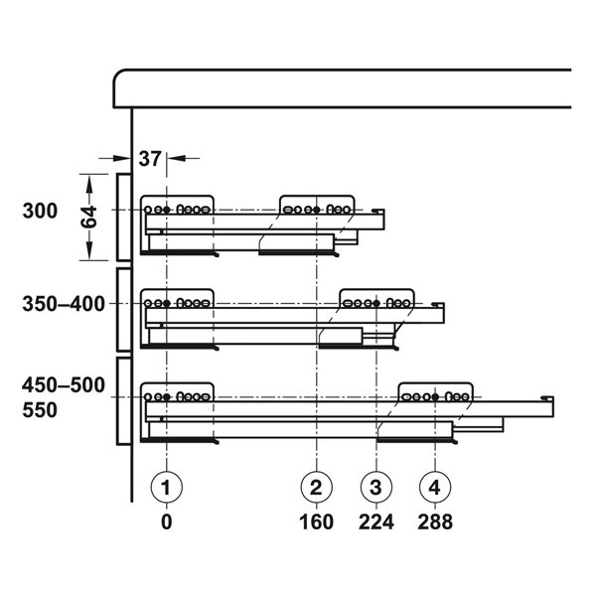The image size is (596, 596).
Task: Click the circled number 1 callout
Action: [x=167, y=487]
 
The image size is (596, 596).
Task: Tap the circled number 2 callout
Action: [x=316, y=487]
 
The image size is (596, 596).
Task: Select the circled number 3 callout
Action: [x=376, y=487]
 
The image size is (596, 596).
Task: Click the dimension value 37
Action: [x=150, y=157]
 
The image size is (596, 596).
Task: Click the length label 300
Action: [x=44, y=211]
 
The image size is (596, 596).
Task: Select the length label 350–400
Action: [x=64, y=304]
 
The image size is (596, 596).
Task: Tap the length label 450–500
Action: [x=64, y=385]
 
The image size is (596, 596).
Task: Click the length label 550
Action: [x=44, y=408]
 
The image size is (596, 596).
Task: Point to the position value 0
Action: [x=167, y=521]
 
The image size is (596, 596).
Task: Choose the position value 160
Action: [x=316, y=521]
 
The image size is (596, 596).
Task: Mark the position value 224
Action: [x=376, y=521]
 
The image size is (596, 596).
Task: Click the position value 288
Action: [x=435, y=521]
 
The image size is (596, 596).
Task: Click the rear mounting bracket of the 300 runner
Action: [x=317, y=207]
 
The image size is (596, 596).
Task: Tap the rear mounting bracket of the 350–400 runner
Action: [x=376, y=300]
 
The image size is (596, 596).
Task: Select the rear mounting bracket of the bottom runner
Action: [x=435, y=394]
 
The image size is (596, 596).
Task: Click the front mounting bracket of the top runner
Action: [x=178, y=207]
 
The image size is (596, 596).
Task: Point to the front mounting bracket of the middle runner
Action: [x=178, y=300]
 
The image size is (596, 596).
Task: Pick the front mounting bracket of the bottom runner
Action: [x=178, y=394]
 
